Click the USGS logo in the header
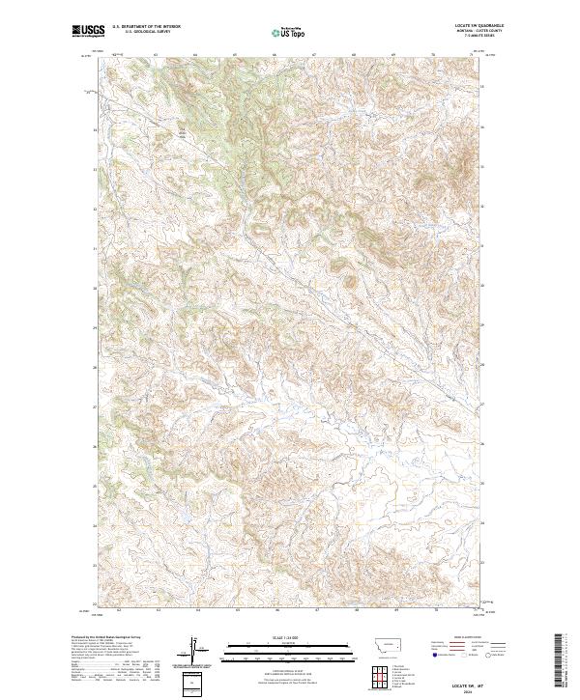pyautogui.click(x=88, y=31)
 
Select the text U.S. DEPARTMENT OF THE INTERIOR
pyautogui.click(x=146, y=26)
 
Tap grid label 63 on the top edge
pyautogui.click(x=157, y=55)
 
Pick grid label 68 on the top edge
pyautogui.click(x=355, y=55)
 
